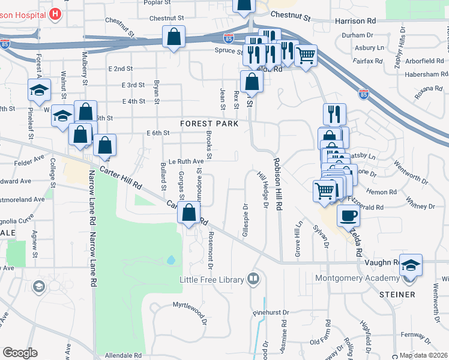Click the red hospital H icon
tap(55, 13)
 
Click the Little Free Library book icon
tap(253, 279)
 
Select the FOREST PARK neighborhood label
tap(210, 124)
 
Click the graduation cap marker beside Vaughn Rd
tap(411, 265)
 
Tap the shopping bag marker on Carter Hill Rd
tap(189, 212)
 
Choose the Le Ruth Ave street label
tap(186, 161)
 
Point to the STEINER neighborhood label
tap(397, 295)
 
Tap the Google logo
tap(20, 353)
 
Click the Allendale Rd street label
tap(123, 355)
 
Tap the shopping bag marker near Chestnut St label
tap(173, 37)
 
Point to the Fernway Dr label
tap(414, 334)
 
